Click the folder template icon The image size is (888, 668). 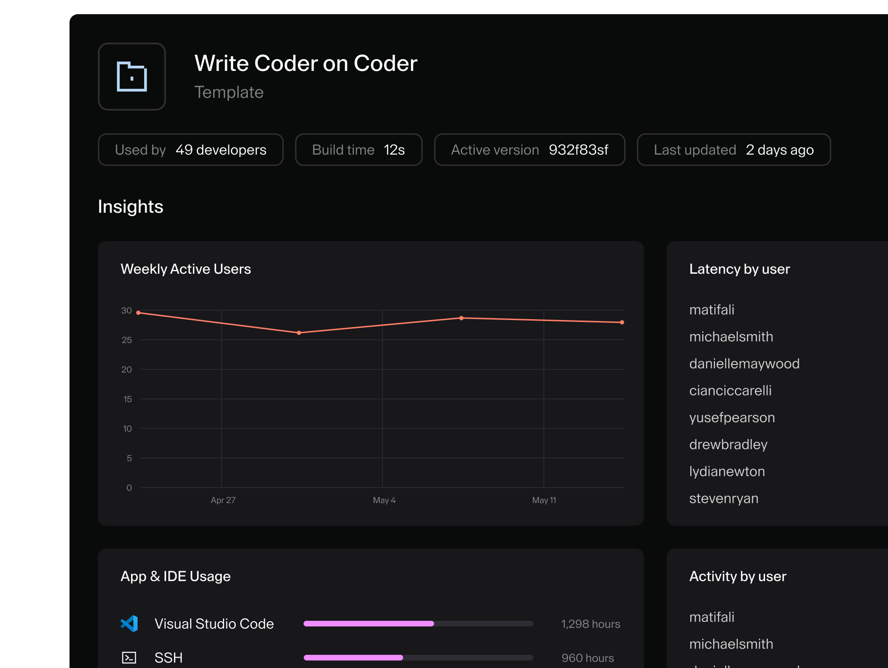131,77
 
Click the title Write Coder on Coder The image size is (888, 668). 305,63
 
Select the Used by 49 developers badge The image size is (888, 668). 191,150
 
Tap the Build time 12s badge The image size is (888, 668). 358,150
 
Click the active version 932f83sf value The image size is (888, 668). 578,150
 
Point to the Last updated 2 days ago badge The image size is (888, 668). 733,150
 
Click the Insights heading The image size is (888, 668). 131,207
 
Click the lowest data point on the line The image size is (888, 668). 299,333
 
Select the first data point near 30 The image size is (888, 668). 139,312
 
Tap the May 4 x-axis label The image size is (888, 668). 384,500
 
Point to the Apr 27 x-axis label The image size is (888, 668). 223,500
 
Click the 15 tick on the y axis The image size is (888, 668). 127,399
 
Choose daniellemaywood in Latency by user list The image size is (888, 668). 744,364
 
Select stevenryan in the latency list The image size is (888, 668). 723,498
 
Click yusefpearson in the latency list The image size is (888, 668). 731,417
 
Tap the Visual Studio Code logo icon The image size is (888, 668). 129,624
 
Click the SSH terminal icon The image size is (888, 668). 129,658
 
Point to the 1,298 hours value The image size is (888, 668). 590,624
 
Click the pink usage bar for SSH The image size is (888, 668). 353,658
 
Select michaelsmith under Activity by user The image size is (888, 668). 731,644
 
